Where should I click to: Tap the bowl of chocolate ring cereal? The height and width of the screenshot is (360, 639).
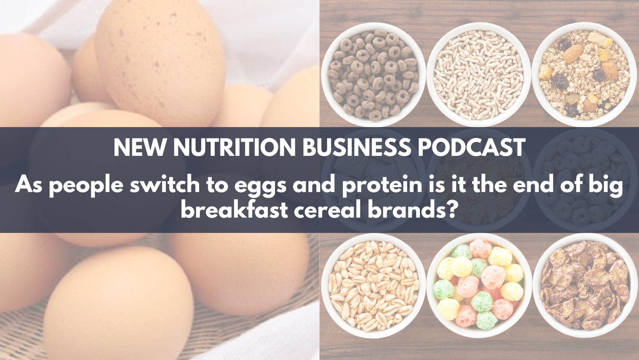click(373, 74)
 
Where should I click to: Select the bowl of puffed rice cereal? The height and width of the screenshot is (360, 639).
click(479, 74)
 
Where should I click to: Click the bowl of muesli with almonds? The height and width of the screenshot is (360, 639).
click(584, 74)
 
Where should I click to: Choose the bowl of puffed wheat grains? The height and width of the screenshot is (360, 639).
click(373, 285)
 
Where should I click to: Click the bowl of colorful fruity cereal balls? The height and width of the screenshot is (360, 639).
click(479, 285)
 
